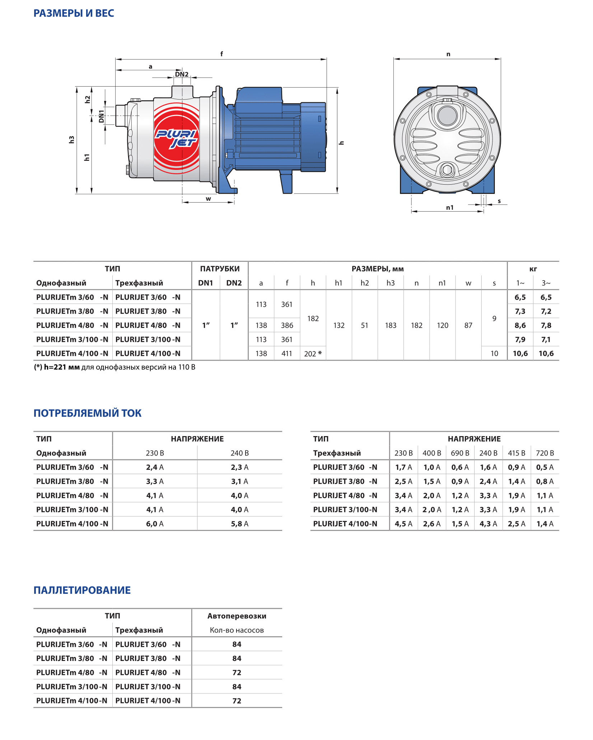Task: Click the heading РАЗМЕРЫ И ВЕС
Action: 74,13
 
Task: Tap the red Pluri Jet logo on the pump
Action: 176,138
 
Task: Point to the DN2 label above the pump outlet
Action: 182,74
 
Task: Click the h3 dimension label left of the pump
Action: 72,140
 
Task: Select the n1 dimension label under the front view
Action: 449,208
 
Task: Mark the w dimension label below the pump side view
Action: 208,199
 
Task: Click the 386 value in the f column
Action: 287,325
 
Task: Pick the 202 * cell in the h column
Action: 313,354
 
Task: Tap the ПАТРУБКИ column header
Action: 220,269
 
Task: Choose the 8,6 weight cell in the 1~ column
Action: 520,325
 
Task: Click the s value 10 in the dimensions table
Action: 494,354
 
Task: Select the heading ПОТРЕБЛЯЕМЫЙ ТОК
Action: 87,413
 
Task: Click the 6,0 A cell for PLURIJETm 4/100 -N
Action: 155,524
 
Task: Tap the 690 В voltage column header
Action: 460,453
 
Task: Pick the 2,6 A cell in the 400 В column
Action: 432,524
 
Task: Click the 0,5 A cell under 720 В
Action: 545,467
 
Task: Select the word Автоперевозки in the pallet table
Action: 237,616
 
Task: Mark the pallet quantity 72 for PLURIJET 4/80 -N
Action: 237,672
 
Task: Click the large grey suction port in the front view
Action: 447,116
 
